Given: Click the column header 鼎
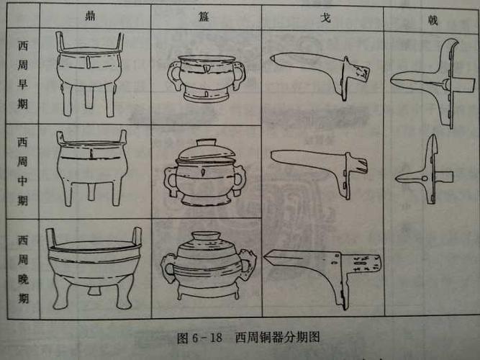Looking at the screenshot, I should tap(91, 15).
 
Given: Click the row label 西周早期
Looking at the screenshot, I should tap(24, 76).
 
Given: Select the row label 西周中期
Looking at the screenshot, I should tap(24, 171).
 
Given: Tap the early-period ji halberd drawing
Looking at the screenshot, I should tap(432, 83).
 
